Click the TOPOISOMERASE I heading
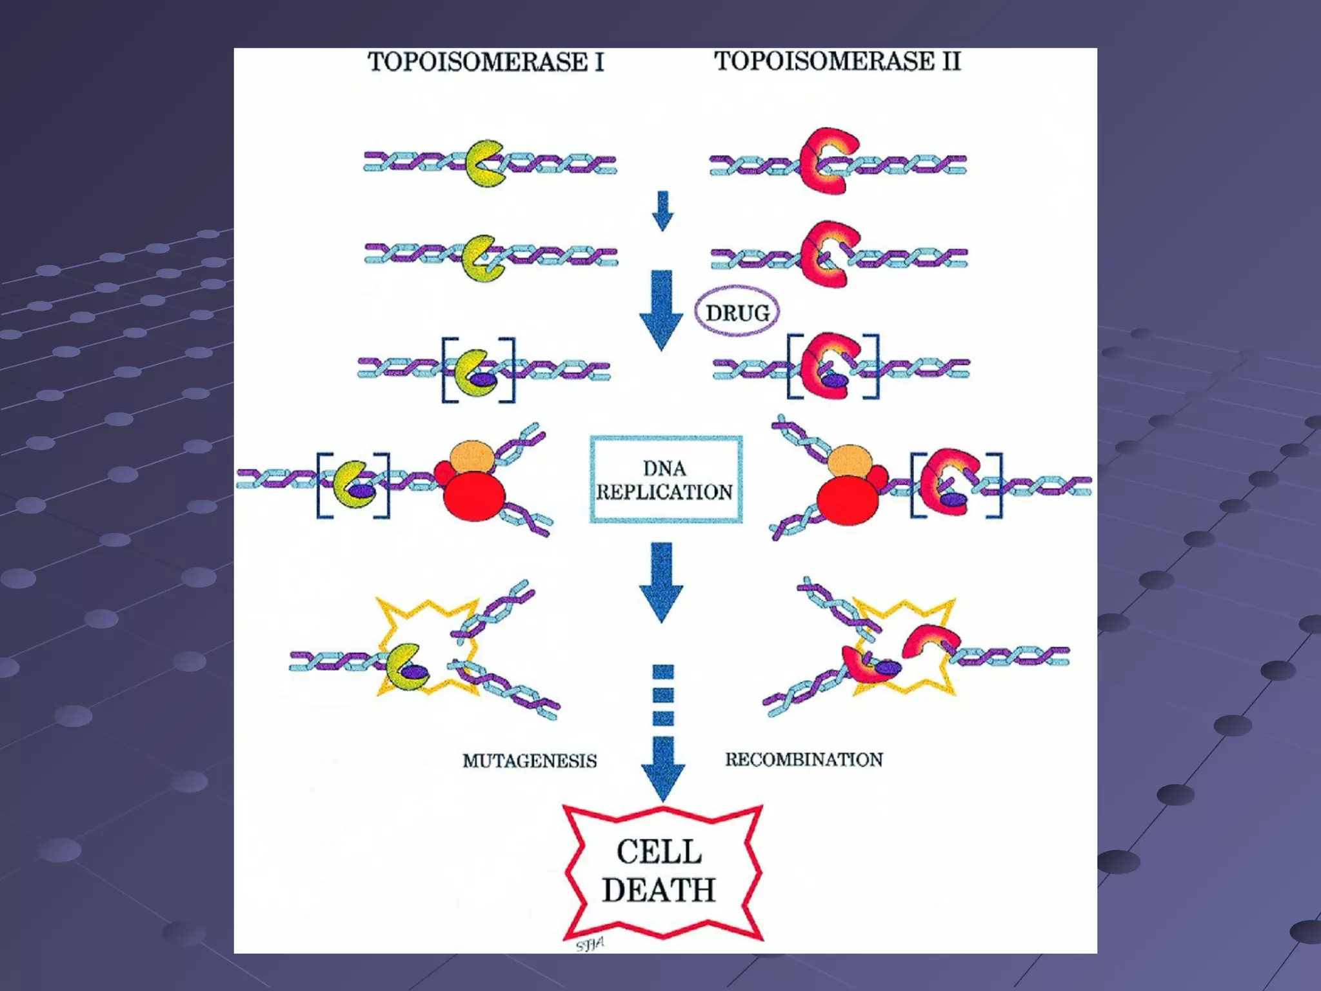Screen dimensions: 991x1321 tap(486, 63)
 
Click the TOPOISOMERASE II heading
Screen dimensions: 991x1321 tap(837, 61)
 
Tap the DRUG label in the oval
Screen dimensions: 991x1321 tap(737, 313)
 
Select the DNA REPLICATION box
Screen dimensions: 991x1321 tap(666, 479)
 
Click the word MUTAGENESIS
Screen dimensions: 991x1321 tap(530, 761)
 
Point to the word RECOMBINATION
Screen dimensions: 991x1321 tap(804, 759)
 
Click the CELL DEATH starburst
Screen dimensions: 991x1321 tap(662, 872)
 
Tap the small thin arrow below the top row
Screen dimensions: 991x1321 tap(662, 210)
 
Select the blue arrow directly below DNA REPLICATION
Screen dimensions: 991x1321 tap(662, 581)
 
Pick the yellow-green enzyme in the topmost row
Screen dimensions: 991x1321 tap(484, 163)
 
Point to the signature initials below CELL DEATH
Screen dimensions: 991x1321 tap(590, 945)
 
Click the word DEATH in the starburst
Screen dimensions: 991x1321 tap(659, 890)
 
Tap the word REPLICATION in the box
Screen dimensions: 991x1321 tap(664, 492)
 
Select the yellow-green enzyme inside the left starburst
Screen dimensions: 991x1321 tap(406, 667)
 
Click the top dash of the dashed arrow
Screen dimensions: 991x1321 tap(663, 672)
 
